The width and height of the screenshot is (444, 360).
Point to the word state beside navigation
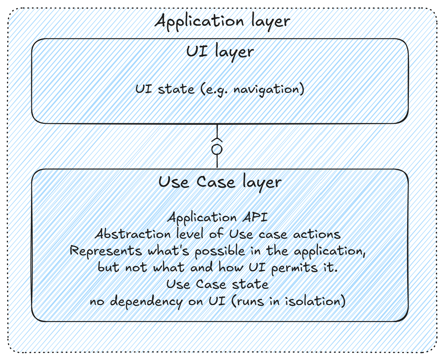pyautogui.click(x=176, y=89)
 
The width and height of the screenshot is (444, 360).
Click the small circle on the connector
pyautogui.click(x=217, y=150)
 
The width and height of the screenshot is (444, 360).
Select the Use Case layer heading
pyautogui.click(x=220, y=182)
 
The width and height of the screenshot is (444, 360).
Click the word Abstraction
pyautogui.click(x=133, y=234)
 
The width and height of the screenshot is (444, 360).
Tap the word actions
pyautogui.click(x=316, y=234)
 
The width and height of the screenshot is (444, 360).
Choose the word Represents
pyautogui.click(x=106, y=251)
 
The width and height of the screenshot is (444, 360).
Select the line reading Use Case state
pyautogui.click(x=217, y=284)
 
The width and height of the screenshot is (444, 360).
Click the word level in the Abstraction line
pyautogui.click(x=189, y=234)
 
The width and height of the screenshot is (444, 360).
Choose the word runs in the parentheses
pyautogui.click(x=250, y=301)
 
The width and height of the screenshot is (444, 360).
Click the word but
pyautogui.click(x=108, y=267)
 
